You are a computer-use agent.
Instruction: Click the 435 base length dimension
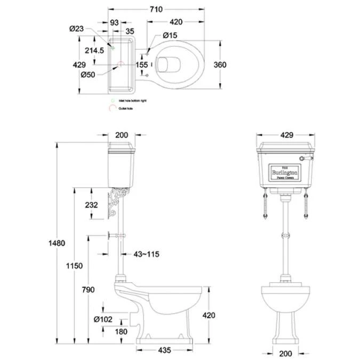(164, 350)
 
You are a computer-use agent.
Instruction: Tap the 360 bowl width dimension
(219, 65)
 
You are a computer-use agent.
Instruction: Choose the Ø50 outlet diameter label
(87, 75)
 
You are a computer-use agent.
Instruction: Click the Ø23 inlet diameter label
(76, 29)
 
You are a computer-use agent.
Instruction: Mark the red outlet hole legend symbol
(113, 108)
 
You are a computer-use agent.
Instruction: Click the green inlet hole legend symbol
(113, 100)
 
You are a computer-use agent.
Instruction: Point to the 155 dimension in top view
(141, 65)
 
